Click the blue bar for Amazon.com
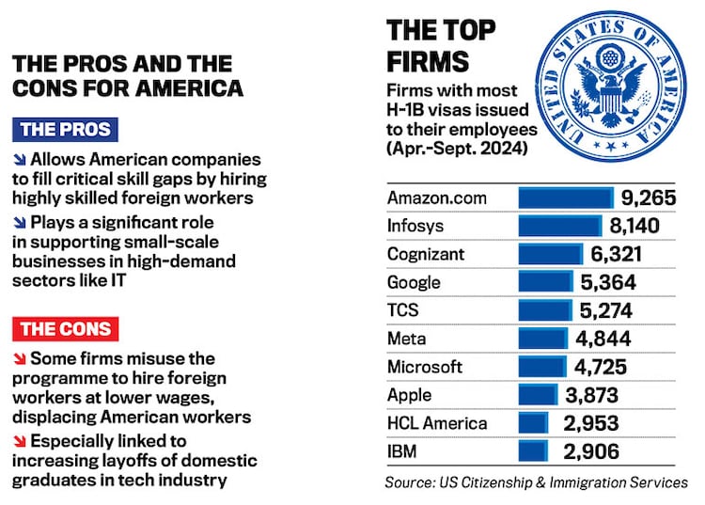566,198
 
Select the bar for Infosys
559,227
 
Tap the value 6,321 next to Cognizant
617,255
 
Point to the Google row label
414,283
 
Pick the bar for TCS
545,311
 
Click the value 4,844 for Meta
603,339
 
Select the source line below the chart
536,482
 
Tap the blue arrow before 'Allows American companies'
20,160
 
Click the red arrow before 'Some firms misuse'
20,359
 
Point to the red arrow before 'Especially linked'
20,441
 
